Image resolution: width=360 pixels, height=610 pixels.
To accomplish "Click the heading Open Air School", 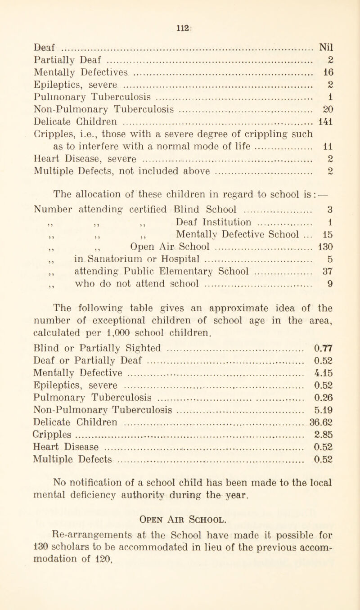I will click(x=180, y=558).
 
